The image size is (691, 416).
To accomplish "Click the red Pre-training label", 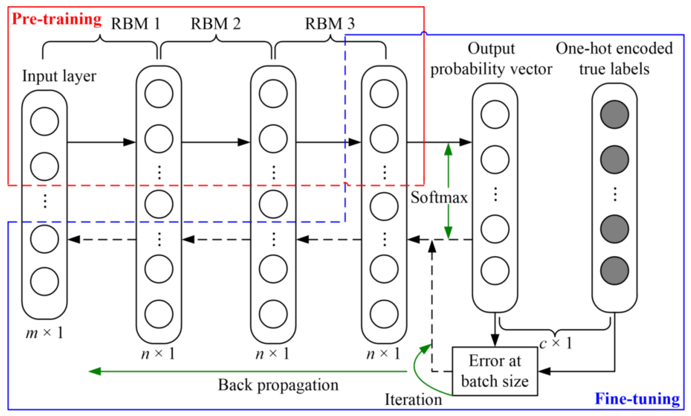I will click(56, 19).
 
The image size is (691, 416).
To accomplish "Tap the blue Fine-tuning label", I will click(637, 399).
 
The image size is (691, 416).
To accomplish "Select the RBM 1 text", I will click(136, 24).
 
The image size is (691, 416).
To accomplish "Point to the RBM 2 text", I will click(216, 24).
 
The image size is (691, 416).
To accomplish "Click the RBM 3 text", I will click(329, 24).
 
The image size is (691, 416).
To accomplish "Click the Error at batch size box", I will click(495, 371).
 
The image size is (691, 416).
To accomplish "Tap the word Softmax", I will click(439, 198).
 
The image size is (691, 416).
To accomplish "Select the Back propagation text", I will click(278, 385).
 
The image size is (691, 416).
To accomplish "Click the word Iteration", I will click(413, 400).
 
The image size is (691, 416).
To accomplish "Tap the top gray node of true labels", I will click(614, 114).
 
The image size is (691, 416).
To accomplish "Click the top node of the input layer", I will click(44, 121).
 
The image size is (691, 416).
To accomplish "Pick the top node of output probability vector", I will click(495, 114).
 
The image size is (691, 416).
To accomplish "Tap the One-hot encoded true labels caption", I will click(614, 59).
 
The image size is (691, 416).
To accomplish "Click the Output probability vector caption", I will click(491, 59).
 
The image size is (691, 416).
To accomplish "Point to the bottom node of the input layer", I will click(44, 281).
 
